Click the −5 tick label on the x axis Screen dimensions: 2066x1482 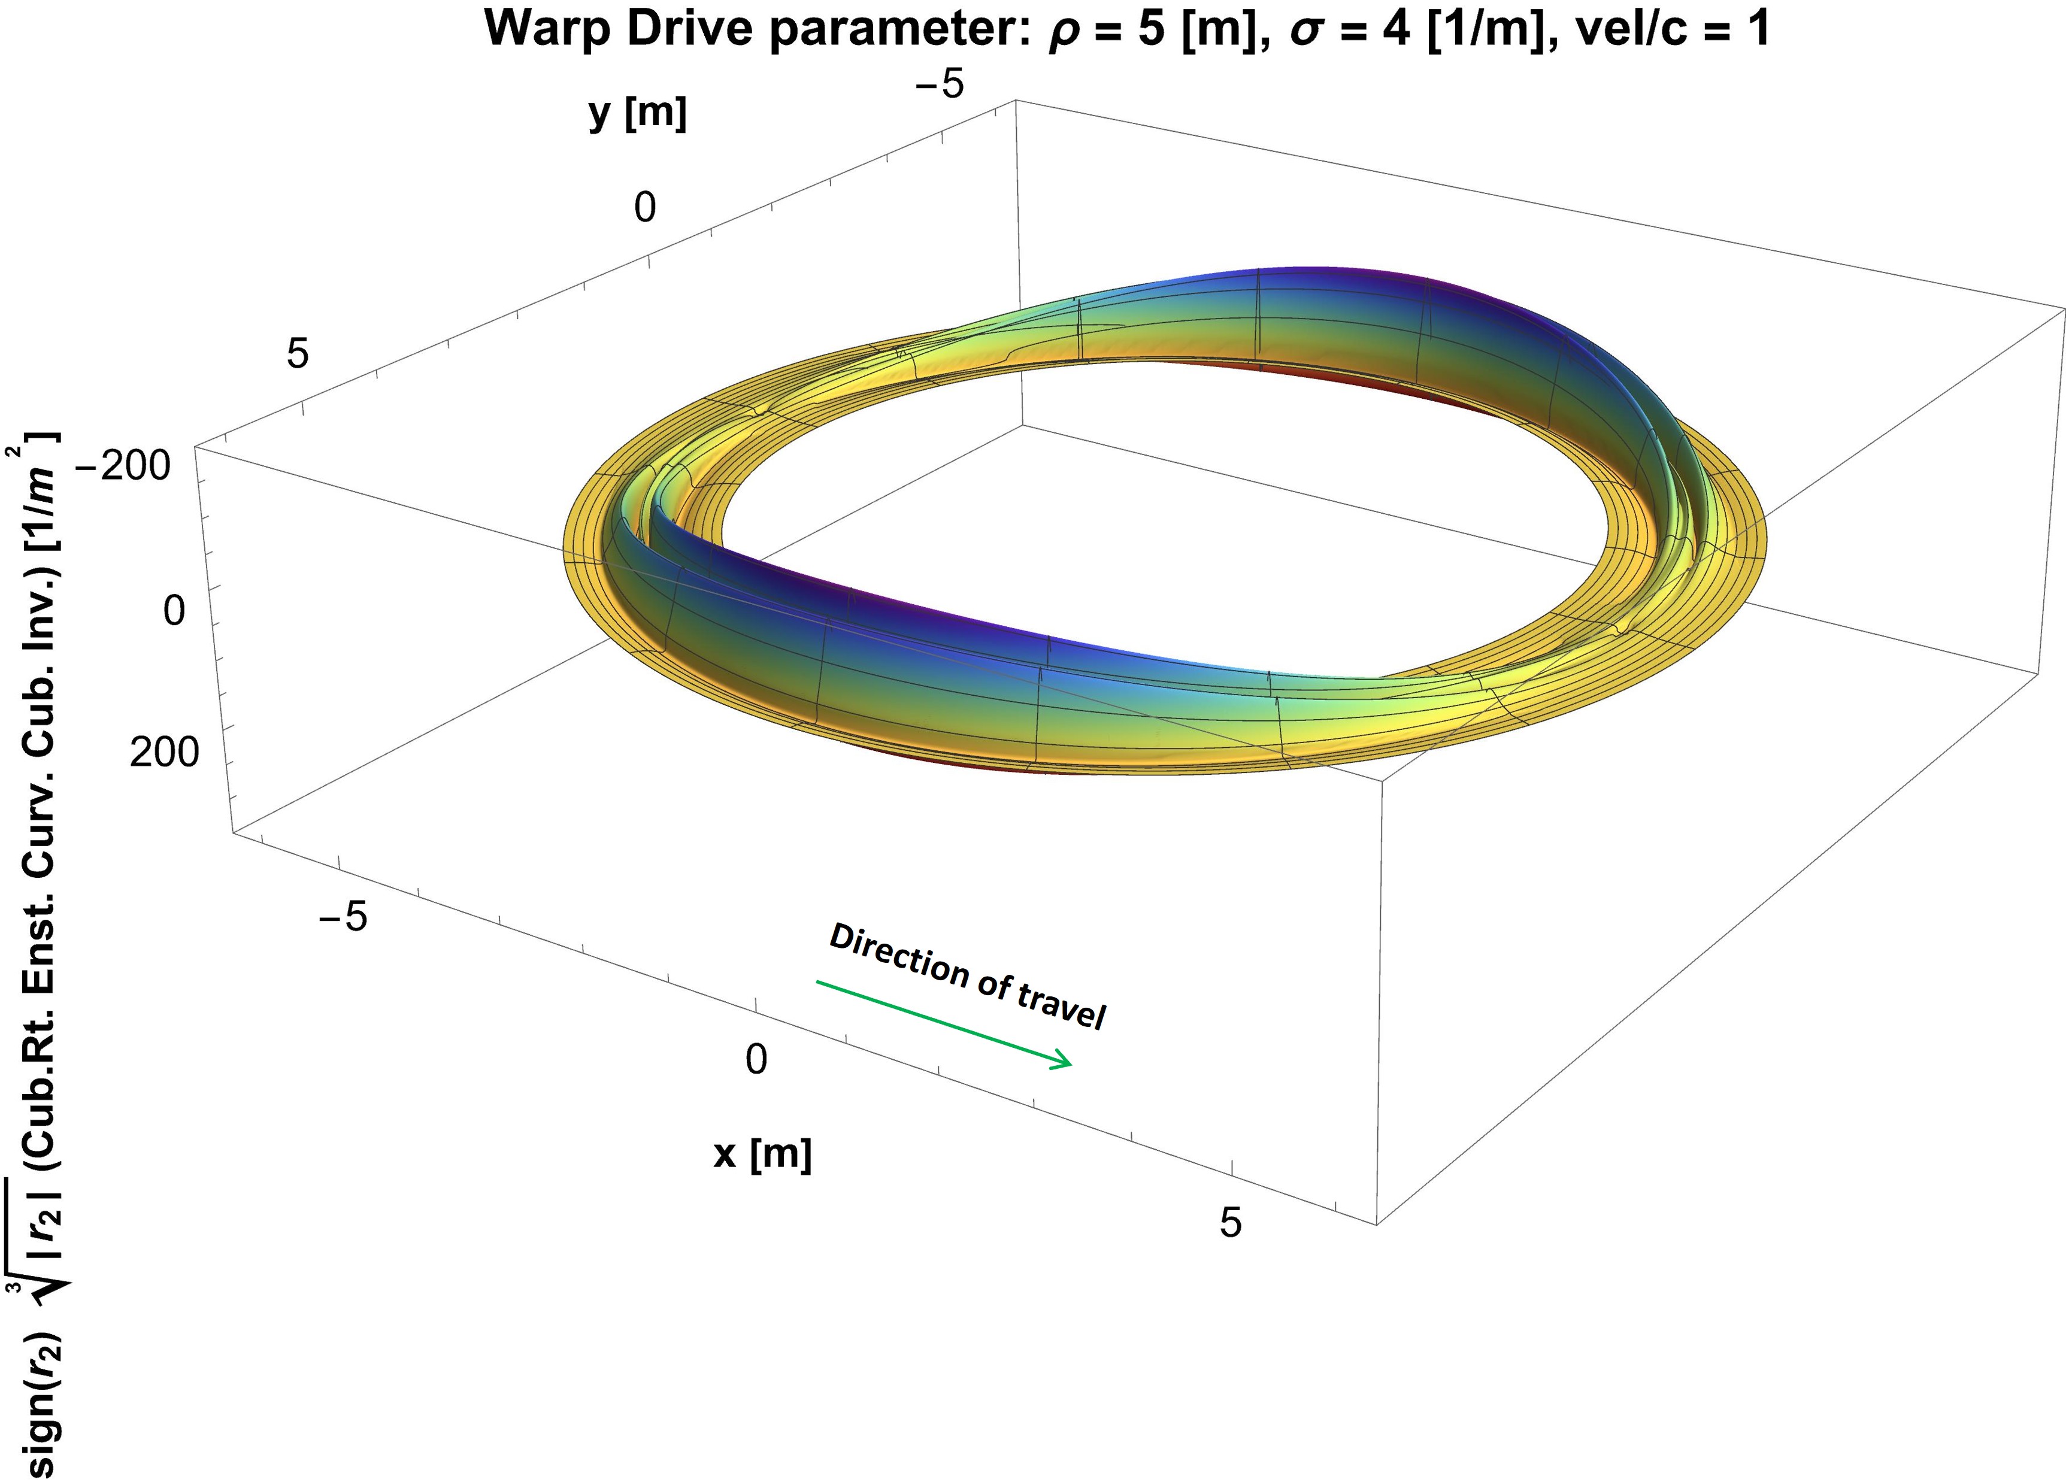(343, 916)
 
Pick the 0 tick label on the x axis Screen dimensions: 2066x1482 (756, 1059)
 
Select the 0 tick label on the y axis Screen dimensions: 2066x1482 (645, 208)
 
